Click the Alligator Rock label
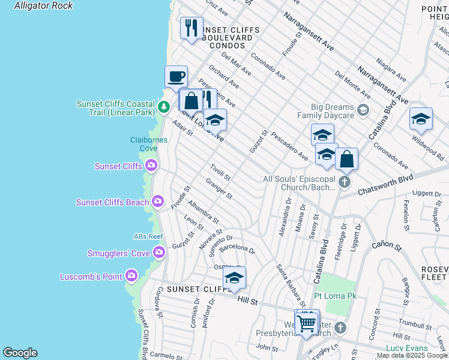point(43,6)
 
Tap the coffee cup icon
point(176,77)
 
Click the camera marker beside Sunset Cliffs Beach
point(158,201)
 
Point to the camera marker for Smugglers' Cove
point(159,253)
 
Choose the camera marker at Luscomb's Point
point(131,277)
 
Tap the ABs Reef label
point(148,236)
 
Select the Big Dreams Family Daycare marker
point(363,110)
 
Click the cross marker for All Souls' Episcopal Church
point(344,182)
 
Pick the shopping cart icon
point(307,323)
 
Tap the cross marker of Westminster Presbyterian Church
point(340,328)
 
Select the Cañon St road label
point(386,245)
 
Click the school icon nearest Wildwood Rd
point(421,119)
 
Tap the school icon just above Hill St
point(234,278)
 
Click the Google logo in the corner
point(20,353)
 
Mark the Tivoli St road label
point(220,172)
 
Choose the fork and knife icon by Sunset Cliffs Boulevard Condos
point(191,28)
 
